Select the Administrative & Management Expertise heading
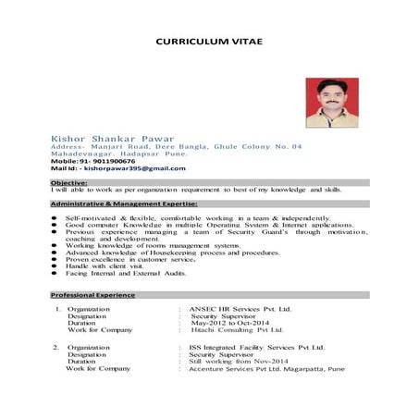[124, 202]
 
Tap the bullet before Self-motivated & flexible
[55, 216]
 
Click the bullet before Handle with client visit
[55, 267]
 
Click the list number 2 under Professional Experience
[56, 347]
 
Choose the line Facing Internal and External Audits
[126, 274]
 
